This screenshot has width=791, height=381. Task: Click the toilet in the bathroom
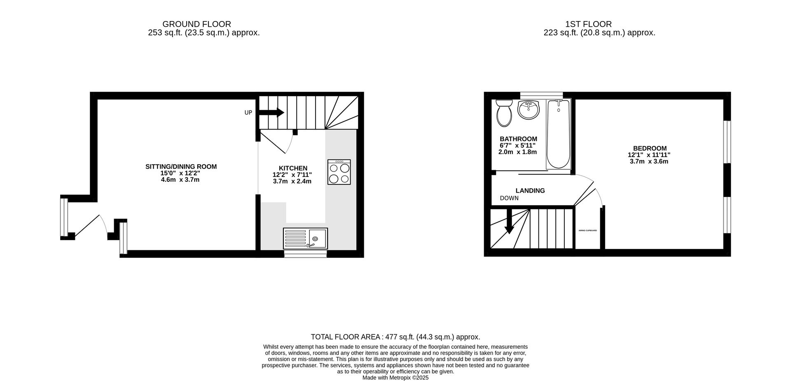point(504,113)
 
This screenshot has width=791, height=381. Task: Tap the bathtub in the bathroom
point(558,134)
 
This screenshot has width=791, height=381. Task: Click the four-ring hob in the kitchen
point(339,172)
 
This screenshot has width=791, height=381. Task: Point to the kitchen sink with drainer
point(305,239)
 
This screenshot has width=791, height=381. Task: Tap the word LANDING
point(530,190)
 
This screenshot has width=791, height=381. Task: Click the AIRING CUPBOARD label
point(587,230)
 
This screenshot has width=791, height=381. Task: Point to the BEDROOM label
point(650,148)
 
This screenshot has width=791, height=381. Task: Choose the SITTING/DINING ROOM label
point(181,167)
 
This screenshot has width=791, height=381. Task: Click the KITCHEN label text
point(293,168)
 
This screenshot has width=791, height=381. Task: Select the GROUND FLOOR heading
point(197,24)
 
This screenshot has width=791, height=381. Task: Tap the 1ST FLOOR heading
point(588,24)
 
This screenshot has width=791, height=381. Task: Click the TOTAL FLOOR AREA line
point(395,337)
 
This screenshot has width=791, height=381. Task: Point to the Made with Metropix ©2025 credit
point(395,377)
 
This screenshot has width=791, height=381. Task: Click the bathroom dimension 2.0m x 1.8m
point(517,152)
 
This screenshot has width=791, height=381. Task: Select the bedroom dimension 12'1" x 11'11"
point(649,155)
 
